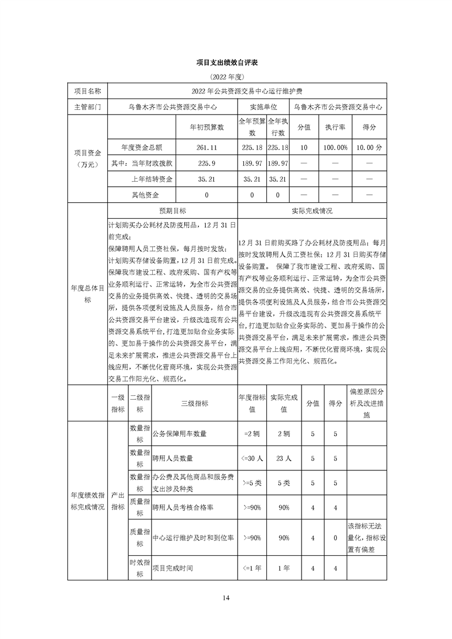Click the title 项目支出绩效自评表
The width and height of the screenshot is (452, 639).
(x=226, y=62)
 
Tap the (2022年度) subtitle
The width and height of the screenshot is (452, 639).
(x=226, y=76)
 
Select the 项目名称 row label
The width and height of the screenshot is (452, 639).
(x=87, y=91)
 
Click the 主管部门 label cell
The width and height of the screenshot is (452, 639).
(x=87, y=106)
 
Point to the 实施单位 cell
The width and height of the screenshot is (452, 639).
(x=263, y=106)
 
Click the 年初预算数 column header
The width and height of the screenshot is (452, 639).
(x=206, y=128)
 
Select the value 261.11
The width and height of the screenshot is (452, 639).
(x=206, y=148)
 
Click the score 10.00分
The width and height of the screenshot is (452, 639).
(x=369, y=148)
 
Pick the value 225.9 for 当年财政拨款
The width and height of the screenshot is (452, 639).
(x=206, y=163)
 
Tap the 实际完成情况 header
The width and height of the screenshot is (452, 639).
(x=312, y=211)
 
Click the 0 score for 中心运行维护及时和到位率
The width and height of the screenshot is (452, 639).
(x=335, y=538)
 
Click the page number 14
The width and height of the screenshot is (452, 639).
(x=226, y=597)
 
